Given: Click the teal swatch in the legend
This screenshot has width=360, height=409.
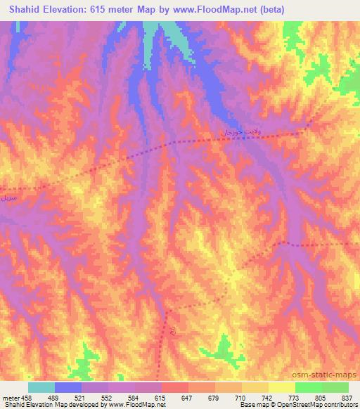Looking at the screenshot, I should pos(41,387).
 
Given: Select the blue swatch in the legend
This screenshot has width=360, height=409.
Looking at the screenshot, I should pos(68,387).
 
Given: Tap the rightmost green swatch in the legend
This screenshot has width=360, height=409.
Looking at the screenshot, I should pos(335,387).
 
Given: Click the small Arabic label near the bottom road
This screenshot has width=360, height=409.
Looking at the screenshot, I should pos(172,328).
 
